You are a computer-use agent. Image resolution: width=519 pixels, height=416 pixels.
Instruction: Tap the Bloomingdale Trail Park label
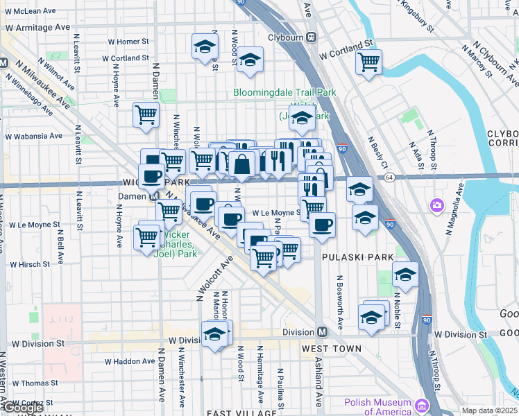click(x=284, y=92)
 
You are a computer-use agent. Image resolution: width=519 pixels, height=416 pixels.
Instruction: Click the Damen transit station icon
click(x=159, y=196)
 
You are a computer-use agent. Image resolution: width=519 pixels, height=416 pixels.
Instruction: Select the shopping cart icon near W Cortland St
click(x=368, y=62)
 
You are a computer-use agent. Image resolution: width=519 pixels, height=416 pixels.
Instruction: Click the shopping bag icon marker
click(x=242, y=165)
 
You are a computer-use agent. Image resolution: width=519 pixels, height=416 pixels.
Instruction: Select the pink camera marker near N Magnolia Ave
click(x=436, y=205)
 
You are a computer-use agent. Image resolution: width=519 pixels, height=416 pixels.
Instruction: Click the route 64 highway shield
click(x=390, y=177)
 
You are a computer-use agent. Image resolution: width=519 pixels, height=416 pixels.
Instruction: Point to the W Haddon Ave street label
click(x=130, y=361)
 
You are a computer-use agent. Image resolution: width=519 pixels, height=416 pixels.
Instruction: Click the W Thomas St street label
click(x=33, y=383)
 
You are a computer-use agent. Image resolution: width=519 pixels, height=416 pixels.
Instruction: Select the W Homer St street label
click(x=128, y=42)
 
